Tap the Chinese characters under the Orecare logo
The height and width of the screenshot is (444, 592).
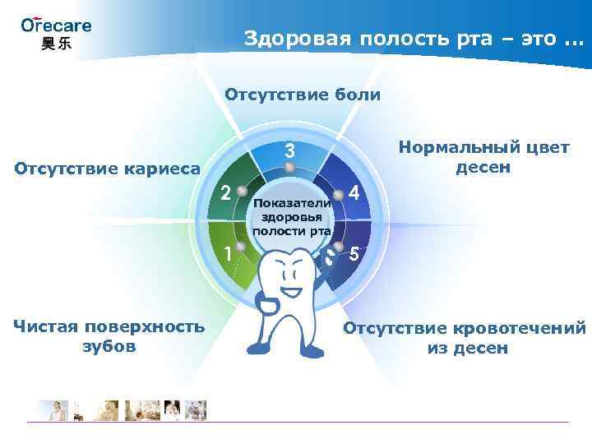(56, 44)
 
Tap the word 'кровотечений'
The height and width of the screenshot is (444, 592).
(523, 329)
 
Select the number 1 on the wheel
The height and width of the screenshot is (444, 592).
(228, 252)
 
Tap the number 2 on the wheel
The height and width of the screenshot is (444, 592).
(224, 194)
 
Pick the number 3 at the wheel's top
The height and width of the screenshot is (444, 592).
(289, 151)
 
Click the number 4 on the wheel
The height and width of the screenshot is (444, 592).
(354, 194)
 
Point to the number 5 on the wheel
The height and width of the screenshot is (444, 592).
(353, 253)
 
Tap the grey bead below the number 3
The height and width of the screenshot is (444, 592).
(289, 169)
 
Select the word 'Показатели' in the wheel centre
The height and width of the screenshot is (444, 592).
(291, 202)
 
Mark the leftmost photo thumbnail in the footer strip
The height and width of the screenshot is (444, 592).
(52, 409)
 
